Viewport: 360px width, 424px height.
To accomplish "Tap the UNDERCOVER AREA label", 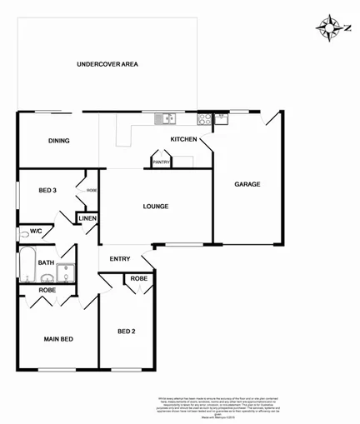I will pyautogui.click(x=107, y=64).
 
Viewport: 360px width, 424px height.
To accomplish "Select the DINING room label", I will pyautogui.click(x=58, y=141).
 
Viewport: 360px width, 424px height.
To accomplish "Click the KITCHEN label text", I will pyautogui.click(x=183, y=139).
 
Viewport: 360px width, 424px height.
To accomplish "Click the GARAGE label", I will pyautogui.click(x=247, y=184).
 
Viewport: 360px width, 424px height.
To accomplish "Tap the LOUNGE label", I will pyautogui.click(x=156, y=207).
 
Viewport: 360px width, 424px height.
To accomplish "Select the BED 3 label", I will pyautogui.click(x=47, y=191).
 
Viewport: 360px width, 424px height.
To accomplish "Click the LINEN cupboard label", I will pyautogui.click(x=88, y=218).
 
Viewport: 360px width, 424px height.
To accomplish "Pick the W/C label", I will pyautogui.click(x=36, y=231).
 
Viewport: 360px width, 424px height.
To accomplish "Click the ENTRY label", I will pyautogui.click(x=120, y=258).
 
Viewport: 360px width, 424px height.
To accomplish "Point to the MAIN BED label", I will pyautogui.click(x=58, y=339).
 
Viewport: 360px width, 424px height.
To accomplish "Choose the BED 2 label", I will pyautogui.click(x=126, y=332).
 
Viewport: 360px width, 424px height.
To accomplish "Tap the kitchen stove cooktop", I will pyautogui.click(x=205, y=118).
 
